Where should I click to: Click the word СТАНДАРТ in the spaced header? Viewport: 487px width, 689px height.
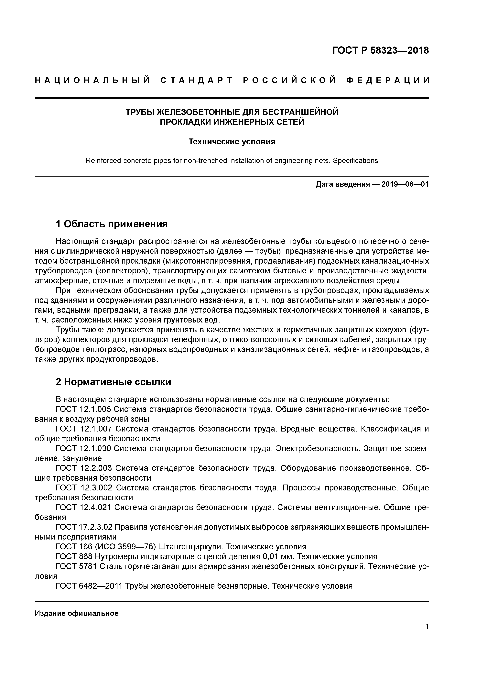tap(197, 80)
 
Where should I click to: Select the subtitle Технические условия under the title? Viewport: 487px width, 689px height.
tap(232, 142)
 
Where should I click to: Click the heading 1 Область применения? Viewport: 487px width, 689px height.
tap(111, 224)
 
